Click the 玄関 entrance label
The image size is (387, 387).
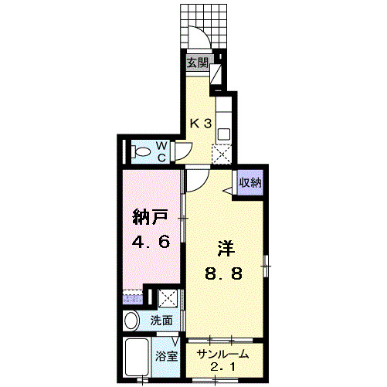pos(197,63)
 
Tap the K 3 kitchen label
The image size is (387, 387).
pos(202,121)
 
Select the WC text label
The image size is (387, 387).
pos(163,149)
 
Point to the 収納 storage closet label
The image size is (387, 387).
pos(249,183)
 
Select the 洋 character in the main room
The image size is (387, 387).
pos(225,249)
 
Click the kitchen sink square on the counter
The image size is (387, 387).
pos(224,134)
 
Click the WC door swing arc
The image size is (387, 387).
pos(184,151)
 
